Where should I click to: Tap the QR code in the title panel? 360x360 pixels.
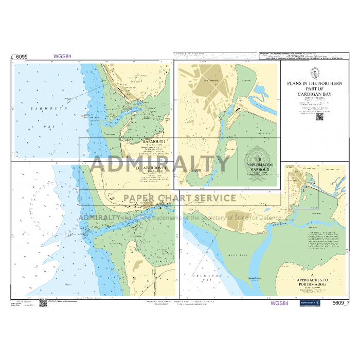click(319, 116)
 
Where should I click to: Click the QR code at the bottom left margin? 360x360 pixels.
click(43, 302)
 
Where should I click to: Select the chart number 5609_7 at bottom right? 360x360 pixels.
click(341, 302)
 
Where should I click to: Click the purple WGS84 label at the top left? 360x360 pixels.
click(62, 57)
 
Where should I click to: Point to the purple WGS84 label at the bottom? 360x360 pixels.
click(279, 303)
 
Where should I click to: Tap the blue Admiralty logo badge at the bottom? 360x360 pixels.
click(310, 303)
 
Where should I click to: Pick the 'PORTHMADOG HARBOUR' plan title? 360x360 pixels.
click(258, 168)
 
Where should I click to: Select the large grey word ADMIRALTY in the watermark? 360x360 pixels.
click(161, 164)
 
